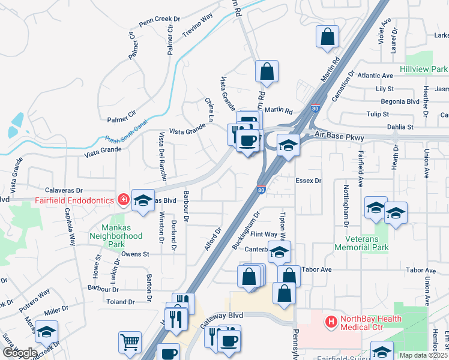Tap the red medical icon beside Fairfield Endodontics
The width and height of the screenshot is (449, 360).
point(123,199)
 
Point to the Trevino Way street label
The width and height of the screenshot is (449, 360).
point(198,25)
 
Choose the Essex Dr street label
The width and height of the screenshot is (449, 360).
point(309,180)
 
